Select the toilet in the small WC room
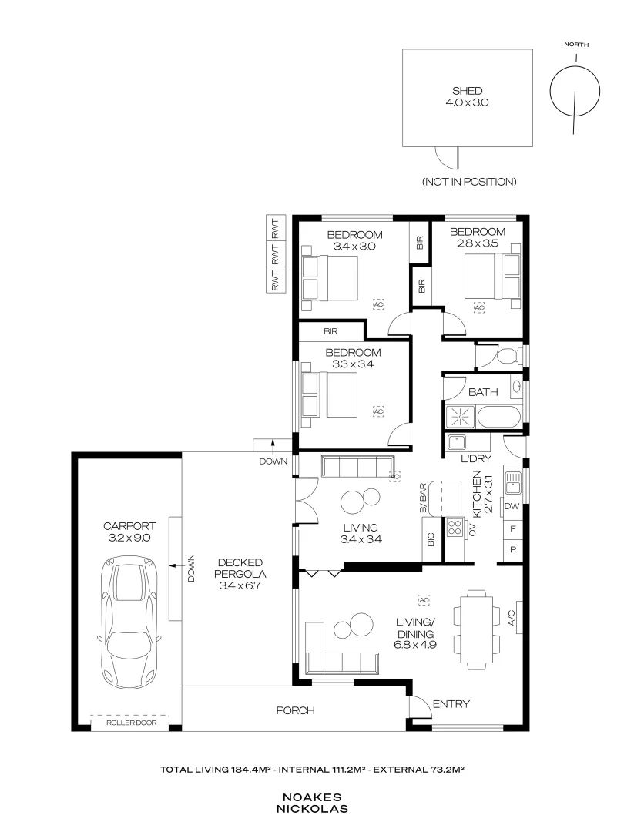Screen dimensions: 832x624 point(505,355)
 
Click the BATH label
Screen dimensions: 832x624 point(483,392)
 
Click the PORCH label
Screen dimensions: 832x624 point(296,710)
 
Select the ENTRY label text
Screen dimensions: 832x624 point(451,704)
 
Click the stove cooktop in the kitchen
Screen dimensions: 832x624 point(455,528)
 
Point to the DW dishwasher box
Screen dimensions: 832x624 point(512,507)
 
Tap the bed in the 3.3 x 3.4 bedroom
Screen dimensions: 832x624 point(330,395)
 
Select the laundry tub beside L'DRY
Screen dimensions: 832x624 point(458,442)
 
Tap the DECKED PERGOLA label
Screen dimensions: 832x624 point(241,568)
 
